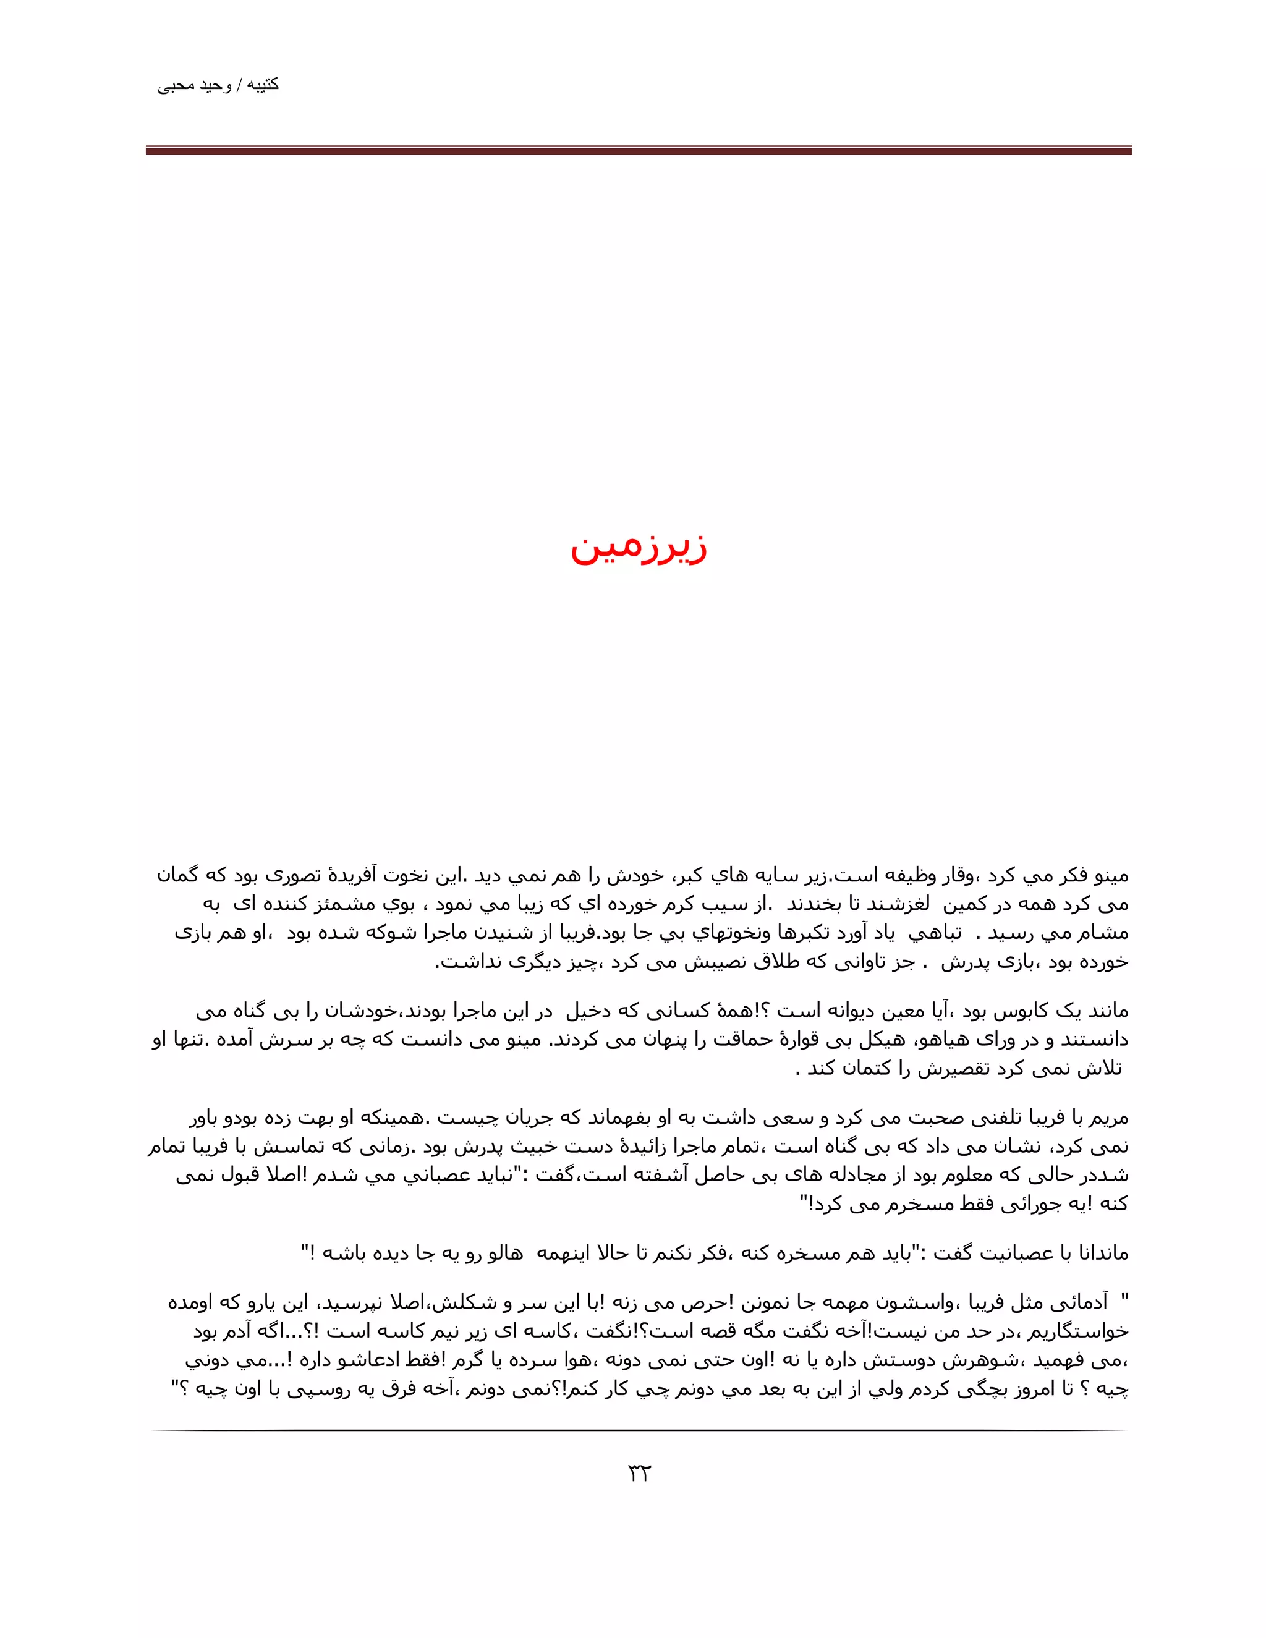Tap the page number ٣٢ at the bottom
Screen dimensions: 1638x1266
click(638, 1474)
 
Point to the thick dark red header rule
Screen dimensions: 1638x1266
click(638, 151)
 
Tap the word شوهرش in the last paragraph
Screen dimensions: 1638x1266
click(998, 1360)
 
